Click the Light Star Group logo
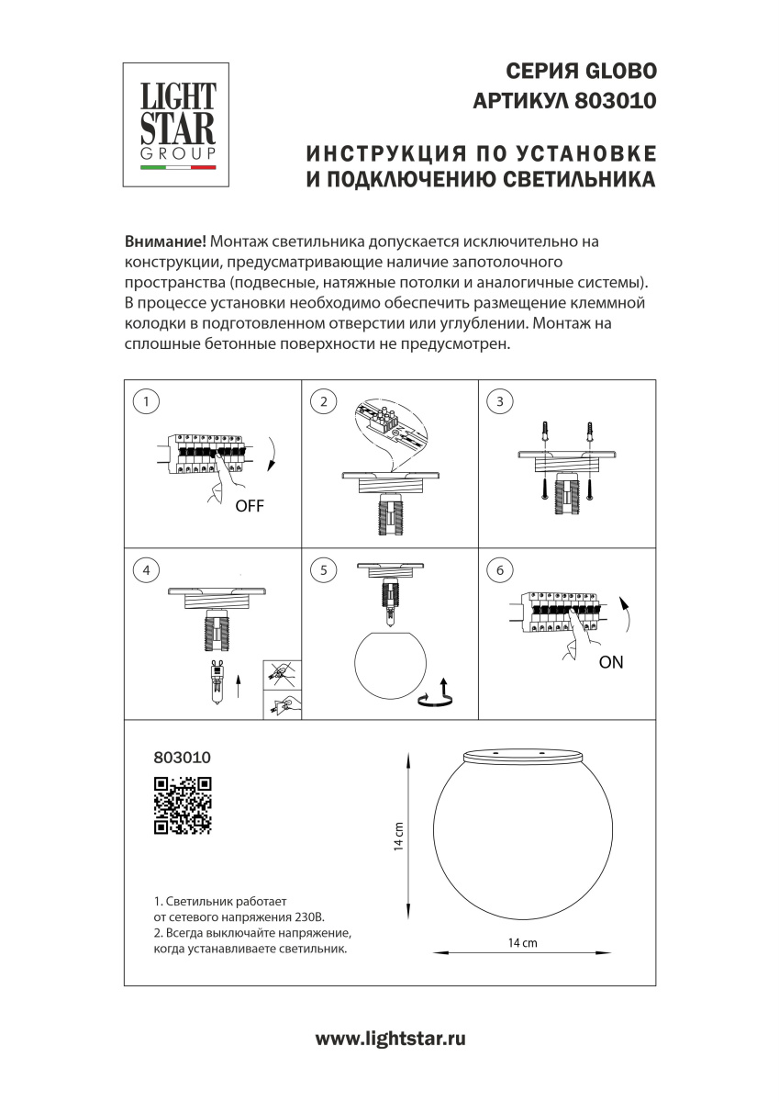click(176, 125)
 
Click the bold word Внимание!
click(165, 242)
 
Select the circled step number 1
click(146, 401)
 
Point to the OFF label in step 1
click(250, 506)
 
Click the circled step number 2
click(323, 401)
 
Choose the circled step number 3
click(500, 401)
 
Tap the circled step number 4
click(146, 570)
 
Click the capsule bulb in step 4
click(217, 680)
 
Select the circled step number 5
click(323, 570)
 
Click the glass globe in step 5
click(390, 663)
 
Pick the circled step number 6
click(500, 570)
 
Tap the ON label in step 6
click(611, 662)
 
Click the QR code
click(183, 806)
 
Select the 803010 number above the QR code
click(183, 757)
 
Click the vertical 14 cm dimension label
click(398, 837)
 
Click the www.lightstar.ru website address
click(390, 1039)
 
